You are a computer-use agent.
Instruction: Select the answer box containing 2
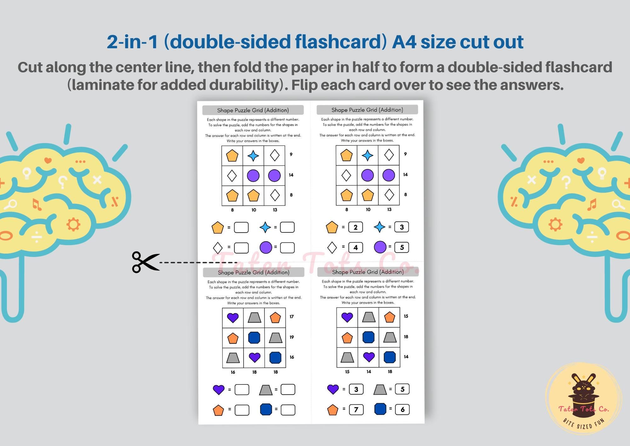(355, 227)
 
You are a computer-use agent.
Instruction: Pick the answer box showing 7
(356, 409)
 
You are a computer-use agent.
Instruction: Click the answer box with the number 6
(402, 409)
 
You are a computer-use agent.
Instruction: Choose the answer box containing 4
(355, 248)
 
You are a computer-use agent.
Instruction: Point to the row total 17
(292, 317)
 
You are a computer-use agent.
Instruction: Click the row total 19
(292, 337)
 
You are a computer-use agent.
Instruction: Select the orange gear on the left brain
(73, 224)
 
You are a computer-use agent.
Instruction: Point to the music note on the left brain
(37, 205)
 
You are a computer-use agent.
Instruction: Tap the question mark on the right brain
(566, 182)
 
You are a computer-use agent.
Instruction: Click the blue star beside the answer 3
(379, 227)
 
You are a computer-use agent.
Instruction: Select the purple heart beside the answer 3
(333, 389)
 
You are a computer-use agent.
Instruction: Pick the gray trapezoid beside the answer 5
(380, 390)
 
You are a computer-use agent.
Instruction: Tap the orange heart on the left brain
(48, 161)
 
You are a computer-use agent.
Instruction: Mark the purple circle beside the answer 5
(380, 247)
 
